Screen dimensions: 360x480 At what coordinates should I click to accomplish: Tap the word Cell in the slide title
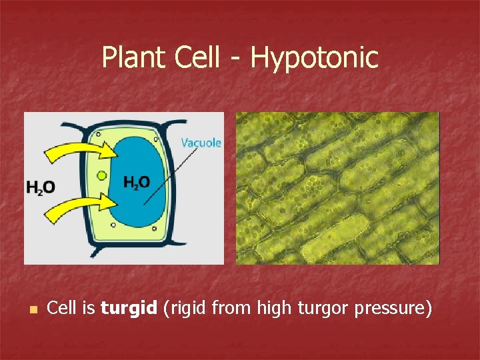click(197, 57)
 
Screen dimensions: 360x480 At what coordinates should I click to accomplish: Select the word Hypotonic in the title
click(314, 59)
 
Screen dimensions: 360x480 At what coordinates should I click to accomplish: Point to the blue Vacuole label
click(201, 143)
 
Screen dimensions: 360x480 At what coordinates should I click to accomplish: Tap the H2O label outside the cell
click(40, 187)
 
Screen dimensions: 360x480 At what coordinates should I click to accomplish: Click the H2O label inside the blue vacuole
click(137, 182)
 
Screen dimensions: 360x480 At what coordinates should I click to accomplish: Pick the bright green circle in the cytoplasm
click(101, 175)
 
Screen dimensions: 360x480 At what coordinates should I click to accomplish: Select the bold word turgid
click(129, 309)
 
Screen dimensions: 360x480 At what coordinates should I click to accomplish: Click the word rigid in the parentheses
click(185, 309)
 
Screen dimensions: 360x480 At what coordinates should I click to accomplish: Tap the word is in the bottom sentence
click(89, 309)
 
